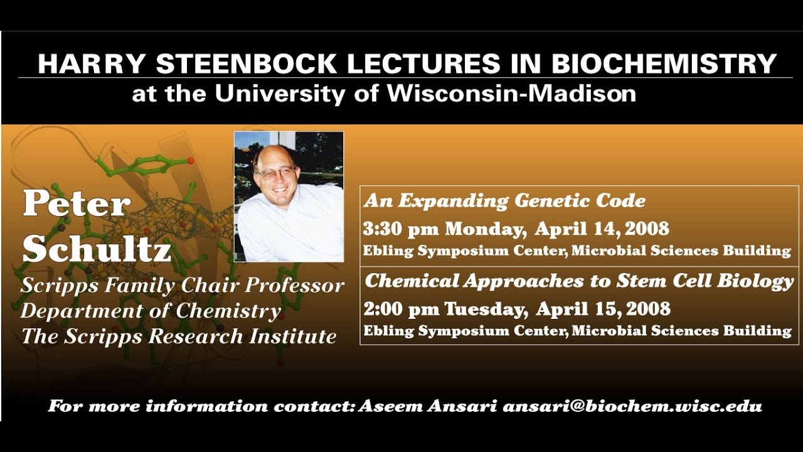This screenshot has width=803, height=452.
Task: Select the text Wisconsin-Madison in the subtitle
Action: pyautogui.click(x=511, y=94)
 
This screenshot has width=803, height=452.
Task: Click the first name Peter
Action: pyautogui.click(x=77, y=203)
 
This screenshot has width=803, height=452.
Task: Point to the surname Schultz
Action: pyautogui.click(x=97, y=250)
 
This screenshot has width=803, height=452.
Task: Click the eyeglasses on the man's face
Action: pyautogui.click(x=276, y=173)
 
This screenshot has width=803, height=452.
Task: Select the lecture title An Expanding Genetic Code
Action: pyautogui.click(x=505, y=201)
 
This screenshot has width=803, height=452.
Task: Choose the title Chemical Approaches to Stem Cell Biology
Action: pyautogui.click(x=579, y=281)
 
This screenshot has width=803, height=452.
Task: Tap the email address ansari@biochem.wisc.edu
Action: pyautogui.click(x=632, y=406)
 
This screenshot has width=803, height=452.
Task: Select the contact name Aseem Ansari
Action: pyautogui.click(x=428, y=406)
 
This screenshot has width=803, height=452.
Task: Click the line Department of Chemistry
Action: pyautogui.click(x=151, y=311)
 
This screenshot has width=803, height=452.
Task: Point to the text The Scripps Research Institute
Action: pyautogui.click(x=179, y=336)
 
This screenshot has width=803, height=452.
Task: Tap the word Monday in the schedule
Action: pyautogui.click(x=485, y=229)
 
